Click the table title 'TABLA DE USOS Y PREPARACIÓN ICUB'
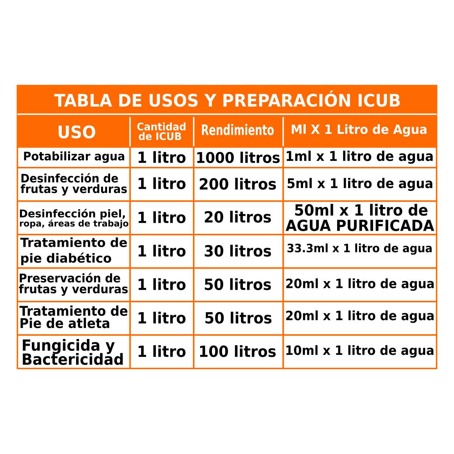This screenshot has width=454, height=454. coord(227,101)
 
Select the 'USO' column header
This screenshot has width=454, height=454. coord(76,132)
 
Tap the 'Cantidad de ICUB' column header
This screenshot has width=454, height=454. coord(162,131)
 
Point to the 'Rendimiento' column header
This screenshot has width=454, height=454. coord(238,130)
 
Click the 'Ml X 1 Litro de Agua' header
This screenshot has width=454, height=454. coord(359,130)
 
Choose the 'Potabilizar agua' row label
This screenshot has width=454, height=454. coord(74,157)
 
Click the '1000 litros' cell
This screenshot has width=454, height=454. coord(238,158)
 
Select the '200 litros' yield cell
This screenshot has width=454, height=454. coord(238,184)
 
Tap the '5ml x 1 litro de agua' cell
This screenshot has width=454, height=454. coord(360,183)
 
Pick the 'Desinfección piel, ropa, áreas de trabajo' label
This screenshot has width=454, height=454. coord(74,218)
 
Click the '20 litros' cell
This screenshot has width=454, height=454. coord(238,218)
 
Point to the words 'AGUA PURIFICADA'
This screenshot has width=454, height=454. coord(360,226)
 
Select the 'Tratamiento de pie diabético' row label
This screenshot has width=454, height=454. coord(74,250)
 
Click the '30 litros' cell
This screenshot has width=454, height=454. coord(238,251)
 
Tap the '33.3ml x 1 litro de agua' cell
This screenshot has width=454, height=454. coord(359,249)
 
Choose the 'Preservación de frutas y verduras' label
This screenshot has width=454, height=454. coord(74,284)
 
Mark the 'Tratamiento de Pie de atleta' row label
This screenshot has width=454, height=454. coord(74,317)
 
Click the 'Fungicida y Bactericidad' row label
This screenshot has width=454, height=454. coord(73,352)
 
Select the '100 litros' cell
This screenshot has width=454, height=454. coord(237,352)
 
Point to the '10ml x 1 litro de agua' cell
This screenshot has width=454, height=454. coord(359,351)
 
